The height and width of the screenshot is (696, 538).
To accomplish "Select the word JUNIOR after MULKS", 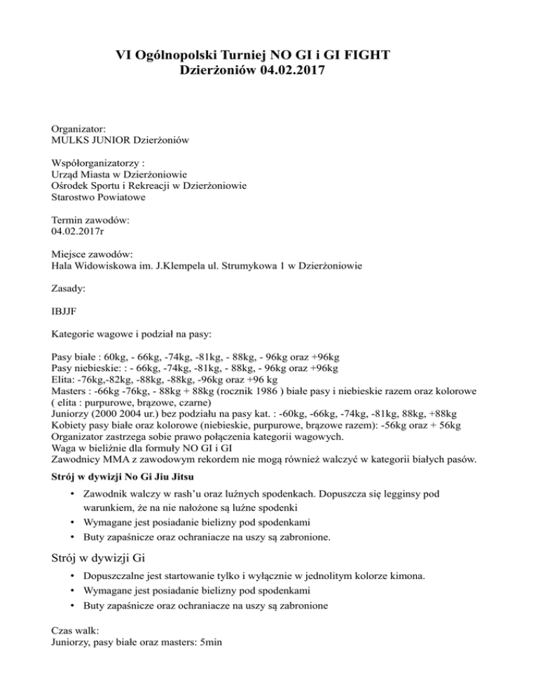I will point(110,141).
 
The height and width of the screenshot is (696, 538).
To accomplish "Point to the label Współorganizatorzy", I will point(97,162).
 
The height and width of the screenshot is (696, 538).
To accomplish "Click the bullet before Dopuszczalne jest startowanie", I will point(74,576).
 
